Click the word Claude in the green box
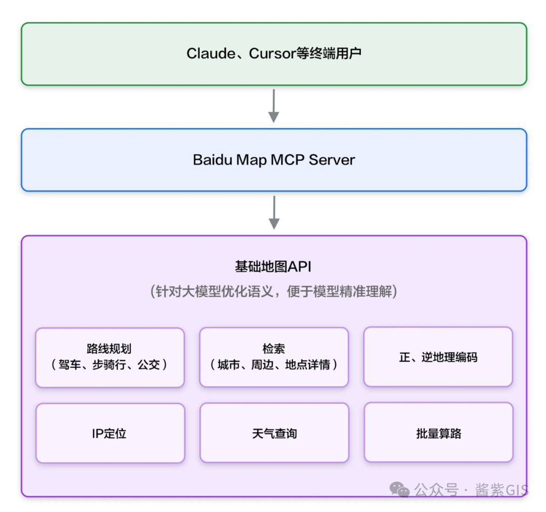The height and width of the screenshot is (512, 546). click(211, 54)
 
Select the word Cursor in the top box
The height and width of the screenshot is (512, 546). click(272, 54)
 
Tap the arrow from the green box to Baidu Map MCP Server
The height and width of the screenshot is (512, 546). click(274, 106)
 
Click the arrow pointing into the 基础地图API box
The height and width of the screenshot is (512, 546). click(274, 212)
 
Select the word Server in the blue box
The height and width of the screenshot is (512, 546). click(332, 160)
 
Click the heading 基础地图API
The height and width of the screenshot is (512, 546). click(273, 267)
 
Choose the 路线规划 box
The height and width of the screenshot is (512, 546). click(110, 357)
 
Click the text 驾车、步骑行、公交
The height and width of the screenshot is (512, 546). click(109, 365)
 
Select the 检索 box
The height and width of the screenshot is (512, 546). click(274, 357)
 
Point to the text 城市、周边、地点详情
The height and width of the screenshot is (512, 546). click(274, 365)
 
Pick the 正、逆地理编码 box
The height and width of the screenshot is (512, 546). click(438, 357)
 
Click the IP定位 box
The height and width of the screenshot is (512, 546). click(110, 433)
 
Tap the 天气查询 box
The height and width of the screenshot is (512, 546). click(275, 433)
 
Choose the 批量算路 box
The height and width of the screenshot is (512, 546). click(439, 432)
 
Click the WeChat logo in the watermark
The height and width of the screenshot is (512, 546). click(399, 489)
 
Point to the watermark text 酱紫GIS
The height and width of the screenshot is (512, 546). click(502, 490)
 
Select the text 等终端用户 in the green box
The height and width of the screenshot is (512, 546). click(329, 54)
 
